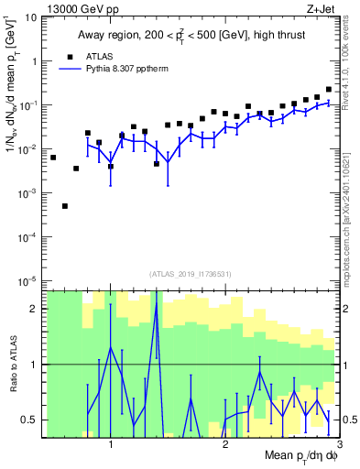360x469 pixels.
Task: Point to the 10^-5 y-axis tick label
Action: click(27, 280)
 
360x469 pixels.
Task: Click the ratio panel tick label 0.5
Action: click(29, 420)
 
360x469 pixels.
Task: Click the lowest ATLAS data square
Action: click(65, 206)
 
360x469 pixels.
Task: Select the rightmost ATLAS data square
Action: click(329, 90)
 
